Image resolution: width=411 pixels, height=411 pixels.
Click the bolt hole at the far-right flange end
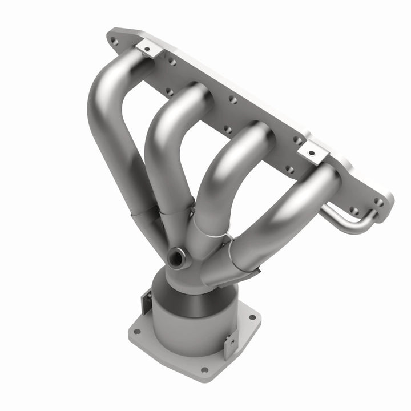pyautogui.click(x=378, y=202)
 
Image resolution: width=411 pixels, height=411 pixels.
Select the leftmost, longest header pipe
pyautogui.click(x=114, y=131)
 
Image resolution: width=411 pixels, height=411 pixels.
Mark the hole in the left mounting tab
pyautogui.click(x=147, y=49)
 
